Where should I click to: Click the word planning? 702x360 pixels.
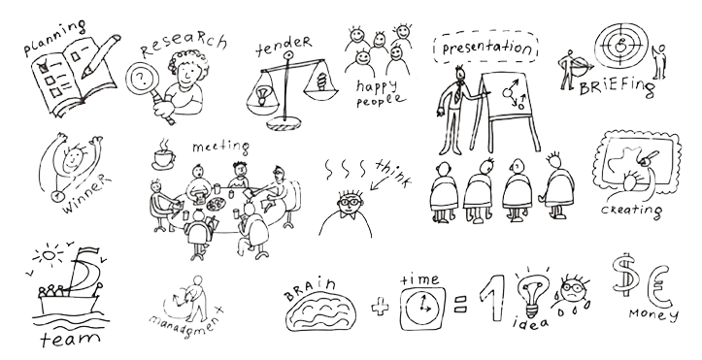pyautogui.click(x=54, y=38)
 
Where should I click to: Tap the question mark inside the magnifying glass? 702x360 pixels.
pyautogui.click(x=142, y=80)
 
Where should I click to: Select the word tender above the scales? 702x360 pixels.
pyautogui.click(x=283, y=46)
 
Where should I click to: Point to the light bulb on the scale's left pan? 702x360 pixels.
pyautogui.click(x=261, y=96)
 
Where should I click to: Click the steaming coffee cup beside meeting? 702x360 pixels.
pyautogui.click(x=163, y=155)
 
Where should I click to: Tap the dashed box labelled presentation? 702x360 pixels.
pyautogui.click(x=485, y=47)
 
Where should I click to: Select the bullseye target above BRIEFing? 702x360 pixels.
pyautogui.click(x=621, y=45)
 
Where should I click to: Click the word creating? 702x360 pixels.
pyautogui.click(x=631, y=211)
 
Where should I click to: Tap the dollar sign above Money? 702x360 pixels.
pyautogui.click(x=625, y=274)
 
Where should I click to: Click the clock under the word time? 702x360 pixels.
pyautogui.click(x=421, y=308)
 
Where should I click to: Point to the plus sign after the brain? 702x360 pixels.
pyautogui.click(x=380, y=308)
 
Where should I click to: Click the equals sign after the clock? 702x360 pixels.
pyautogui.click(x=460, y=304)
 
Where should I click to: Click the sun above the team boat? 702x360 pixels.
pyautogui.click(x=49, y=256)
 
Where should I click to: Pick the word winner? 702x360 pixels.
pyautogui.click(x=86, y=194)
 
